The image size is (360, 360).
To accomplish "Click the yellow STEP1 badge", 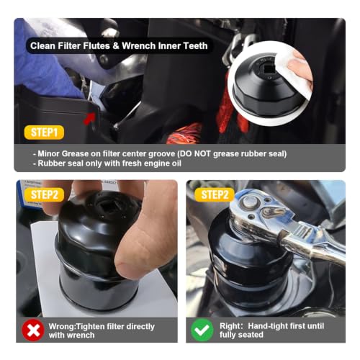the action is (44, 132).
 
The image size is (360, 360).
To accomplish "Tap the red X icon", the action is (33, 330).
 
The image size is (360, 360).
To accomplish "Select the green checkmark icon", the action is (202, 330).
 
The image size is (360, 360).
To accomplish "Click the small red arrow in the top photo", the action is (89, 118).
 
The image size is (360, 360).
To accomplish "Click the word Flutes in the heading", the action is (96, 45).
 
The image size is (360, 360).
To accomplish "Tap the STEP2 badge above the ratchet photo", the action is (215, 194).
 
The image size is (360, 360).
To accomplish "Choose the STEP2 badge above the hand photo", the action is (45, 194).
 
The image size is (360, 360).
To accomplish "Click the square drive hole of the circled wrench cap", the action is (269, 69).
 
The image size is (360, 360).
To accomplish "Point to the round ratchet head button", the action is (250, 201).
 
